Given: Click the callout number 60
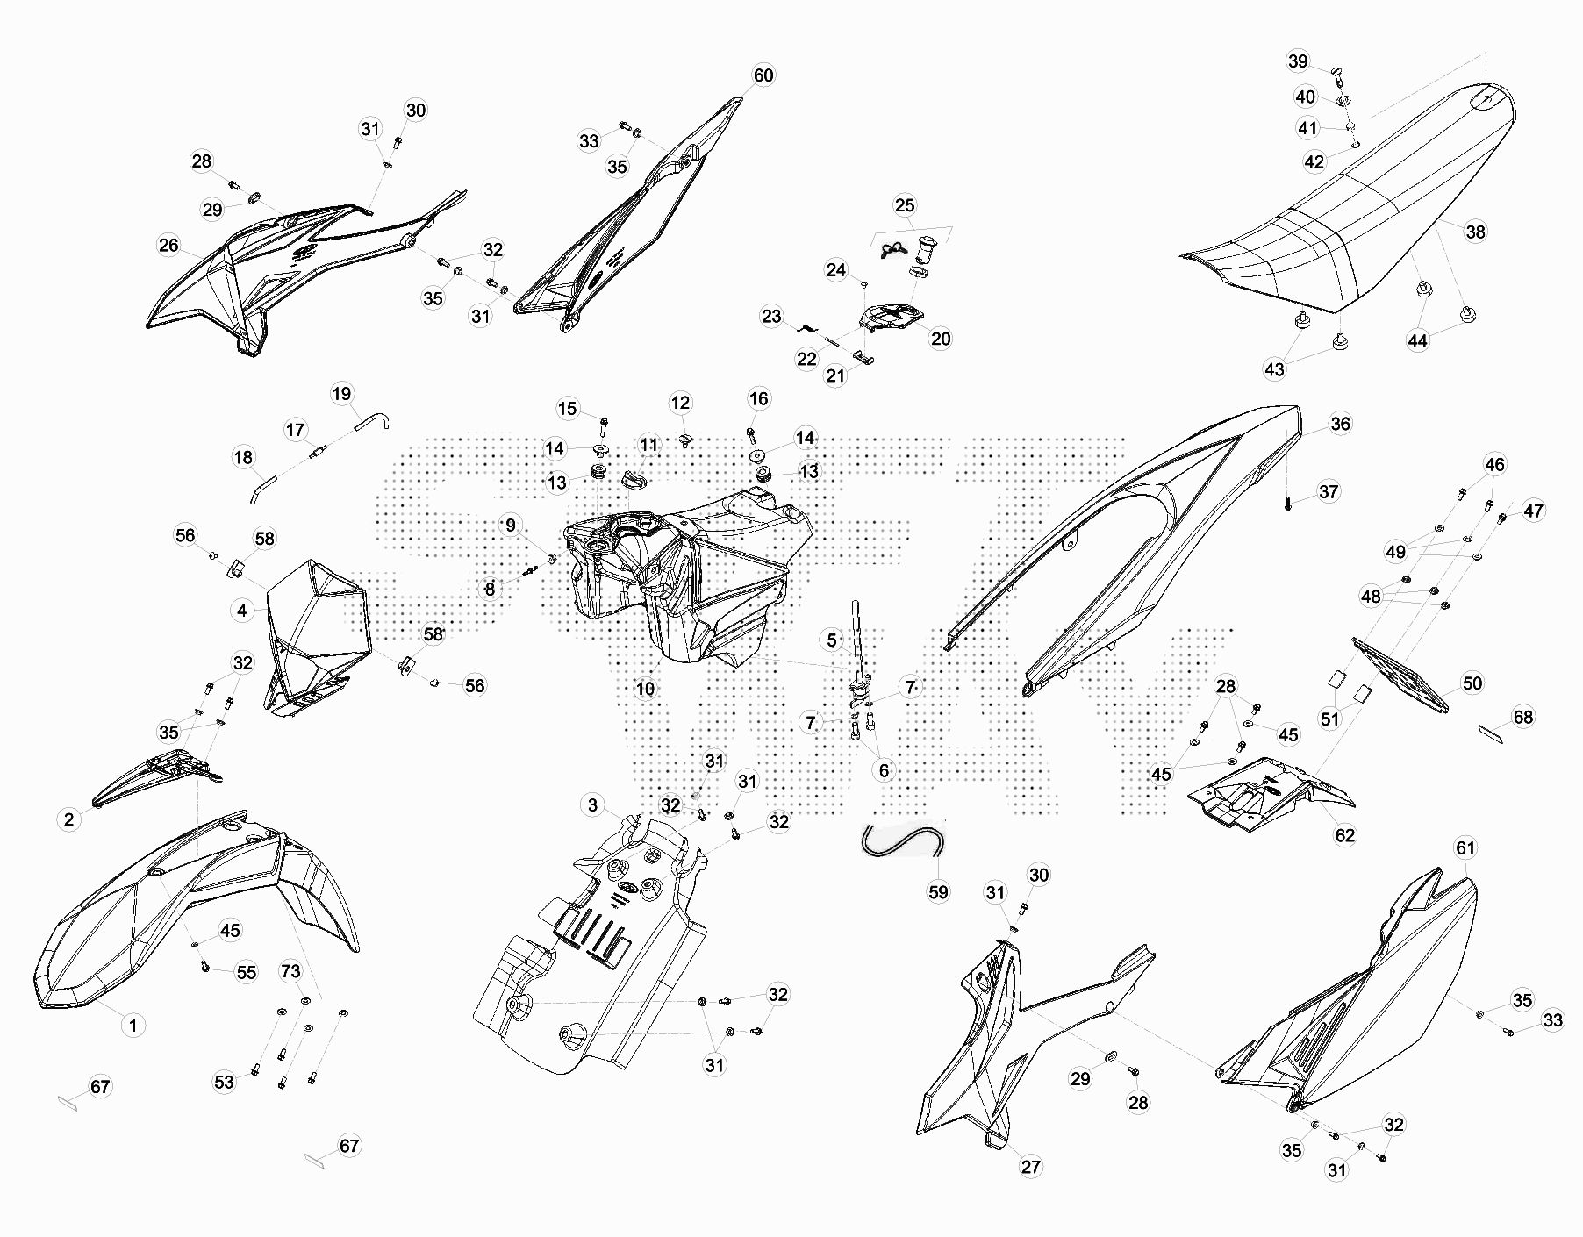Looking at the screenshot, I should (763, 75).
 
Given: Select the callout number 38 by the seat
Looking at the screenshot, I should (1476, 232).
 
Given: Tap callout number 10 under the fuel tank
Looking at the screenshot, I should (645, 689).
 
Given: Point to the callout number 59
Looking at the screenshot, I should (938, 892).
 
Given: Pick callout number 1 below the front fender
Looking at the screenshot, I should (133, 1025).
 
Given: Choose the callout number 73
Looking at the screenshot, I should (290, 971).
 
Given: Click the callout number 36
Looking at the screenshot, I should (1340, 424).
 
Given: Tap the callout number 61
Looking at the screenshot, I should (1465, 848).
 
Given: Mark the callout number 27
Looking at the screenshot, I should (1030, 1166).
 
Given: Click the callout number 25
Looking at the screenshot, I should (905, 205).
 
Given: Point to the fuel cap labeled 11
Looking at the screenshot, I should (633, 479).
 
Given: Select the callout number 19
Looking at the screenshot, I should (341, 394).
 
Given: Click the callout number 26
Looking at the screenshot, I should (168, 246).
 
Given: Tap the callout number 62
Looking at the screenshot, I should (1345, 835).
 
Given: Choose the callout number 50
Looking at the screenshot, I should (1472, 683).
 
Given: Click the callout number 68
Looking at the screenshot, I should (1523, 718).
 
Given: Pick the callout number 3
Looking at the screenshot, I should (592, 805).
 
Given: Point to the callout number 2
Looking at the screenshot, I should (68, 820).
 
